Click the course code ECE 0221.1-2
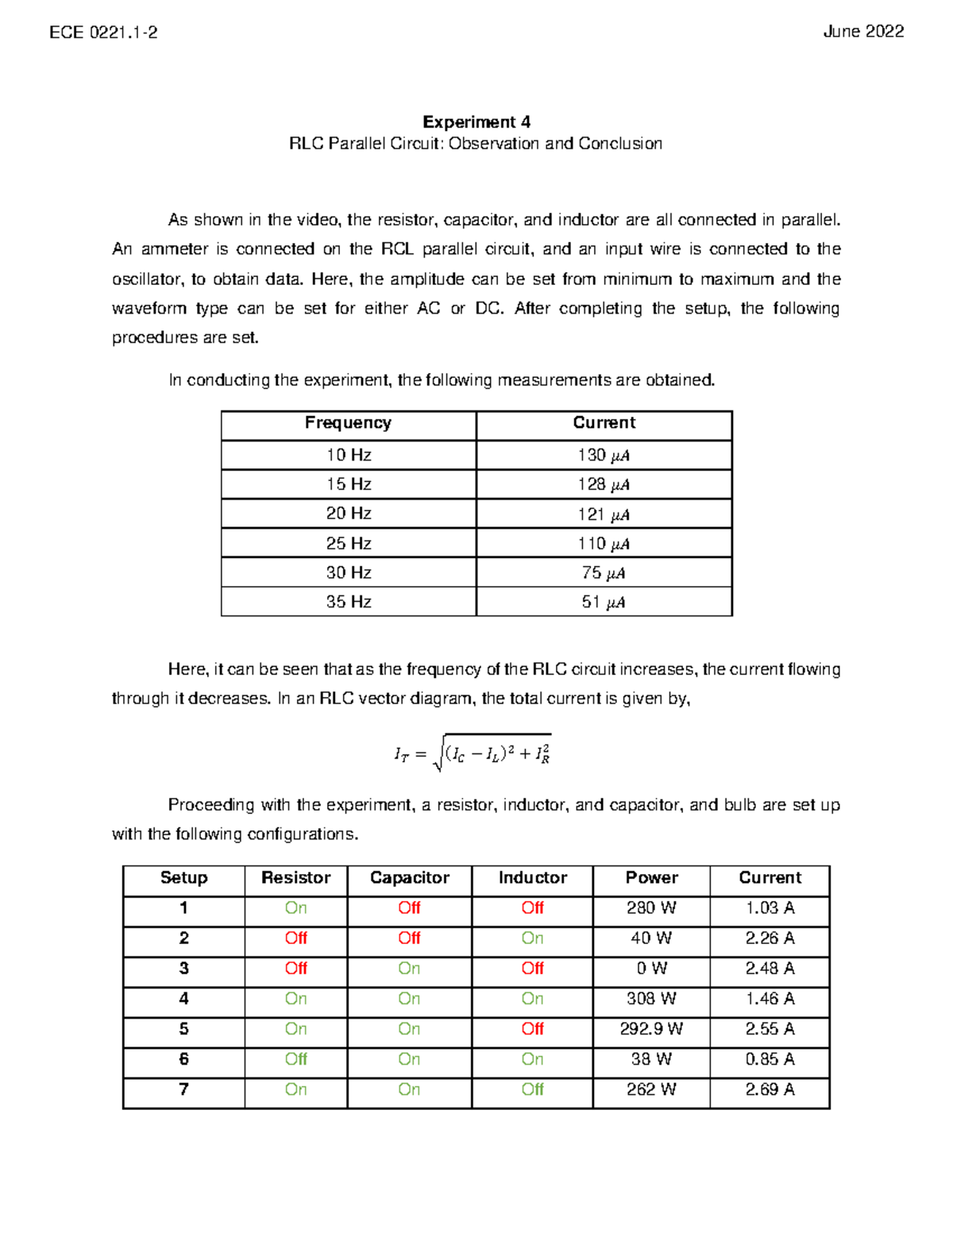click(103, 32)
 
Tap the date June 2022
click(863, 32)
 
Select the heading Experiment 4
click(476, 121)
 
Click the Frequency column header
click(348, 423)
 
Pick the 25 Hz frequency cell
click(348, 544)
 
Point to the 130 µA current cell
click(604, 455)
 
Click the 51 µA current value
click(604, 603)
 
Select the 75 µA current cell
click(604, 573)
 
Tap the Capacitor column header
click(409, 878)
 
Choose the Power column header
click(651, 878)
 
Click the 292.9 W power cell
click(651, 1029)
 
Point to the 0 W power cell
click(651, 969)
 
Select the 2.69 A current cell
click(770, 1089)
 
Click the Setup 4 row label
click(183, 999)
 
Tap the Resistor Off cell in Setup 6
click(295, 1059)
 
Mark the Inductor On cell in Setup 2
click(532, 938)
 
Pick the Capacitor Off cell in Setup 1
click(409, 908)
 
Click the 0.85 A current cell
click(770, 1059)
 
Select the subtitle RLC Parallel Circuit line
click(476, 144)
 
